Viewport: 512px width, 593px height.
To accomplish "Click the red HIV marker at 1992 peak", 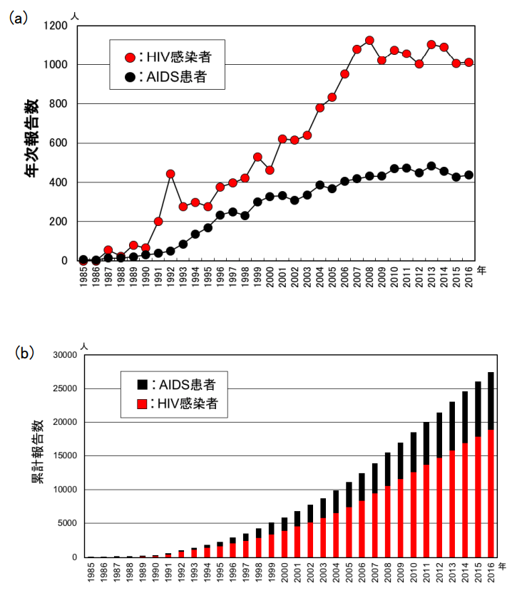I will (x=170, y=174).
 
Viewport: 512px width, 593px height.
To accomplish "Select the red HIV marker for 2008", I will (x=369, y=41).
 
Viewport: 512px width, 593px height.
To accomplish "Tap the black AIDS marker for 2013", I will (x=431, y=166).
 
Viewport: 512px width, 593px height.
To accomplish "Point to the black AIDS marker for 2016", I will (x=469, y=175).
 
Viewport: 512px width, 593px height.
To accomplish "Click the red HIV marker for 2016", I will (x=469, y=63).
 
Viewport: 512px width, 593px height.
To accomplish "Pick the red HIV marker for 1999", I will (x=257, y=157).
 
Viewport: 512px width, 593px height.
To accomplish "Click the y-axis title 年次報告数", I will (x=34, y=143).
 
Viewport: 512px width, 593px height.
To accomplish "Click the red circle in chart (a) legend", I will (x=130, y=57).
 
